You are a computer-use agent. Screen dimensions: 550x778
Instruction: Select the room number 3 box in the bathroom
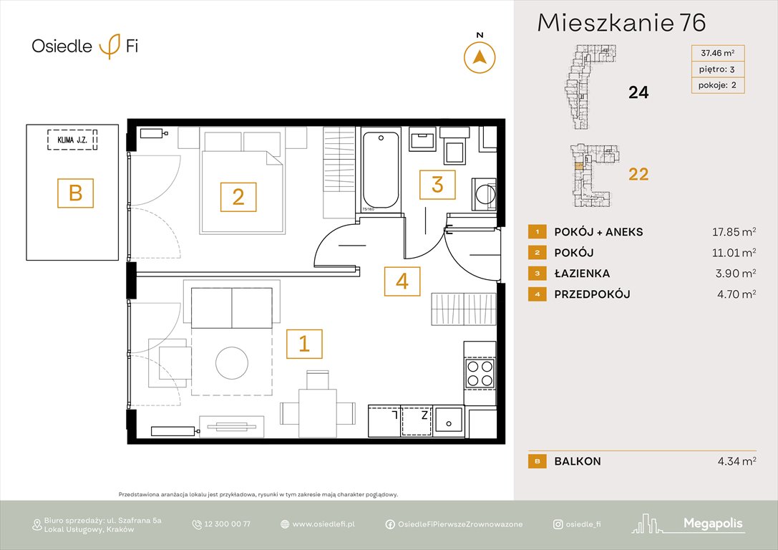(x=437, y=184)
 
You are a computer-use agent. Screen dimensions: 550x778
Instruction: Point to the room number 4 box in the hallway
(x=402, y=281)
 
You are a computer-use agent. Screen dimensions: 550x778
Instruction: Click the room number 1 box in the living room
(x=304, y=344)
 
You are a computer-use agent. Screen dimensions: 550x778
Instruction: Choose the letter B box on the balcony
(x=76, y=193)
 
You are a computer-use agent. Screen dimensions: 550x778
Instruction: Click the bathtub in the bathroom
(x=380, y=170)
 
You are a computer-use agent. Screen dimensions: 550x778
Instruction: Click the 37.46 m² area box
(x=717, y=52)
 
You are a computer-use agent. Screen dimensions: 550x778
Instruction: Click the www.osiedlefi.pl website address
(x=324, y=524)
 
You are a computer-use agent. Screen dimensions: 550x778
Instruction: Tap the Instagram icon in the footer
(x=558, y=524)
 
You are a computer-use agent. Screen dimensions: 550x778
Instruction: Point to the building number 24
(x=638, y=92)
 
